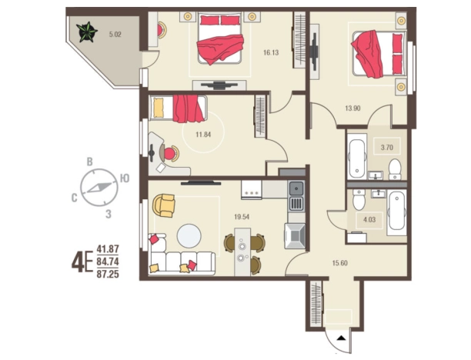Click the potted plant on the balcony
coord(86,32)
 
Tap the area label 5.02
coord(115,34)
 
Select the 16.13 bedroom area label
coord(271,53)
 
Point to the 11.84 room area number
coord(203,135)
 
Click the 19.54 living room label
coord(242,217)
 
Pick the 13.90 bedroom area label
coord(352,108)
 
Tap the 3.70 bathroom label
coord(387,148)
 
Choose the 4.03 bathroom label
coord(369,219)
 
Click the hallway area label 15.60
coord(340,263)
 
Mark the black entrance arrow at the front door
coord(341,338)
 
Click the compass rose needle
coord(99,188)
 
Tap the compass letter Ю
coord(125,178)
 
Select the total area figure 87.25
coord(108,274)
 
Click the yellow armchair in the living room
coord(164,205)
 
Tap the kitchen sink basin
coord(296,189)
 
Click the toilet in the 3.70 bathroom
coord(395,170)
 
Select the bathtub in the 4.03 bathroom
coord(396,212)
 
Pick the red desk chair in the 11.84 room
coord(169,153)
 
